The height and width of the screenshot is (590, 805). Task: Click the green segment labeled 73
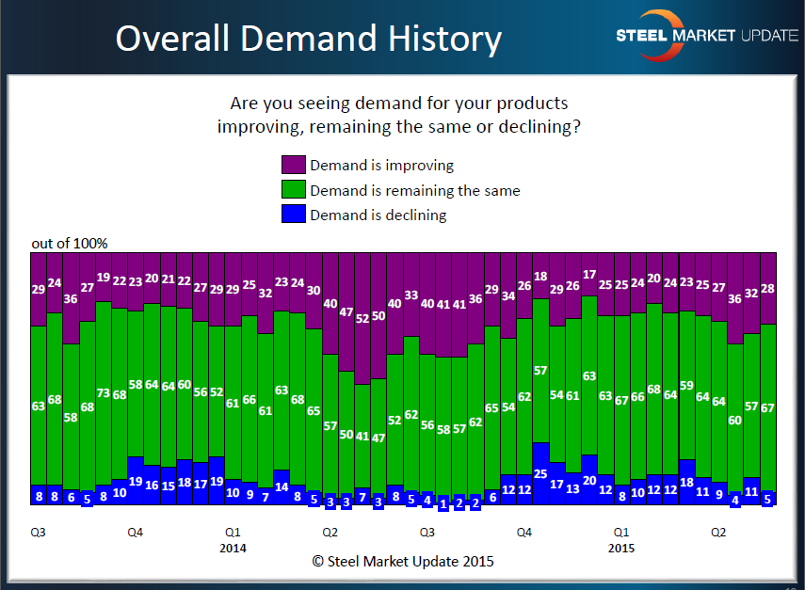click(x=104, y=393)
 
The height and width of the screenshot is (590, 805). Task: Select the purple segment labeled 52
click(x=362, y=319)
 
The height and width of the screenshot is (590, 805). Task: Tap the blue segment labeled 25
click(x=540, y=473)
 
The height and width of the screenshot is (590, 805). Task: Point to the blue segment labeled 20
click(x=589, y=479)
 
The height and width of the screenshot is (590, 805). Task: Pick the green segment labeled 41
click(x=362, y=436)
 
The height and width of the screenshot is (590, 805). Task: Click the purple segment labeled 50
click(x=378, y=316)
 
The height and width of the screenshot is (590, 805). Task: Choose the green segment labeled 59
click(x=686, y=384)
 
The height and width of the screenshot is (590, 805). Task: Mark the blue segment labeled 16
click(x=152, y=485)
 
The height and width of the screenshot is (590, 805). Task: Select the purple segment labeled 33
click(x=411, y=295)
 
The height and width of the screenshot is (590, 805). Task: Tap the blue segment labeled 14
click(x=282, y=486)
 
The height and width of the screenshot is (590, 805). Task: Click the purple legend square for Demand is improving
click(x=293, y=165)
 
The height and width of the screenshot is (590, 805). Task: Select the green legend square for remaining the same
click(x=293, y=190)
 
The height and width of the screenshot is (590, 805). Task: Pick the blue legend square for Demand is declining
click(x=293, y=215)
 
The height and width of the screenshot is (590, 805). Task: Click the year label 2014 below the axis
click(x=233, y=547)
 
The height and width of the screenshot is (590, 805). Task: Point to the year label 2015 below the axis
click(x=621, y=547)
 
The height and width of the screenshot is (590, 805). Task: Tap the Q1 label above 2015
click(x=621, y=532)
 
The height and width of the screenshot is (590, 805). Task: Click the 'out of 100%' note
click(x=70, y=244)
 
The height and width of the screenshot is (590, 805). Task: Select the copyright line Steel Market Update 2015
click(x=402, y=562)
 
